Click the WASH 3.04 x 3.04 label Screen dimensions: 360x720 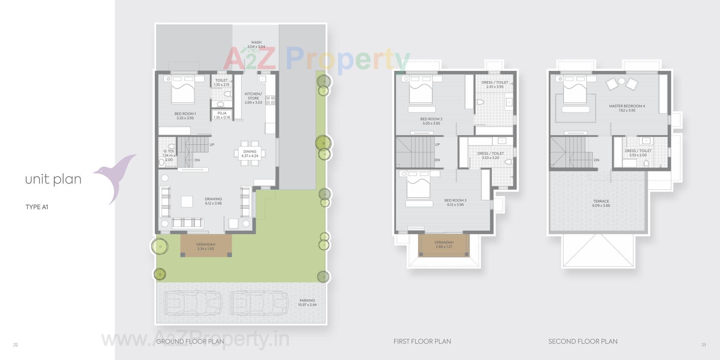256,45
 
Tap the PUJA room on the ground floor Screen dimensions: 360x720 222,115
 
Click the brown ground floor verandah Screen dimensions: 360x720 206,246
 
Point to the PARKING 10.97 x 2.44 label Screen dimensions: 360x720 307,303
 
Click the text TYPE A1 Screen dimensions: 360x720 37,207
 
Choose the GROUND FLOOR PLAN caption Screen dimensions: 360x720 190,341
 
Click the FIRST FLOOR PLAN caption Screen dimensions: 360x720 422,341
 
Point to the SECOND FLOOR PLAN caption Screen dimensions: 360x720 583,341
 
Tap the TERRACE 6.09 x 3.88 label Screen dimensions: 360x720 601,203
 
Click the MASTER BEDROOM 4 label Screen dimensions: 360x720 627,108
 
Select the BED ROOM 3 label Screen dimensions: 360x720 455,202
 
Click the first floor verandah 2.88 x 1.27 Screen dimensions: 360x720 444,244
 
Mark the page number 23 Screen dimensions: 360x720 703,345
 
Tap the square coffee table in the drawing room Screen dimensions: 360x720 187,202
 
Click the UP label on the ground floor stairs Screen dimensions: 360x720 212,145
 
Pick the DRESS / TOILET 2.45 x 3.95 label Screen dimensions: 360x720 495,84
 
